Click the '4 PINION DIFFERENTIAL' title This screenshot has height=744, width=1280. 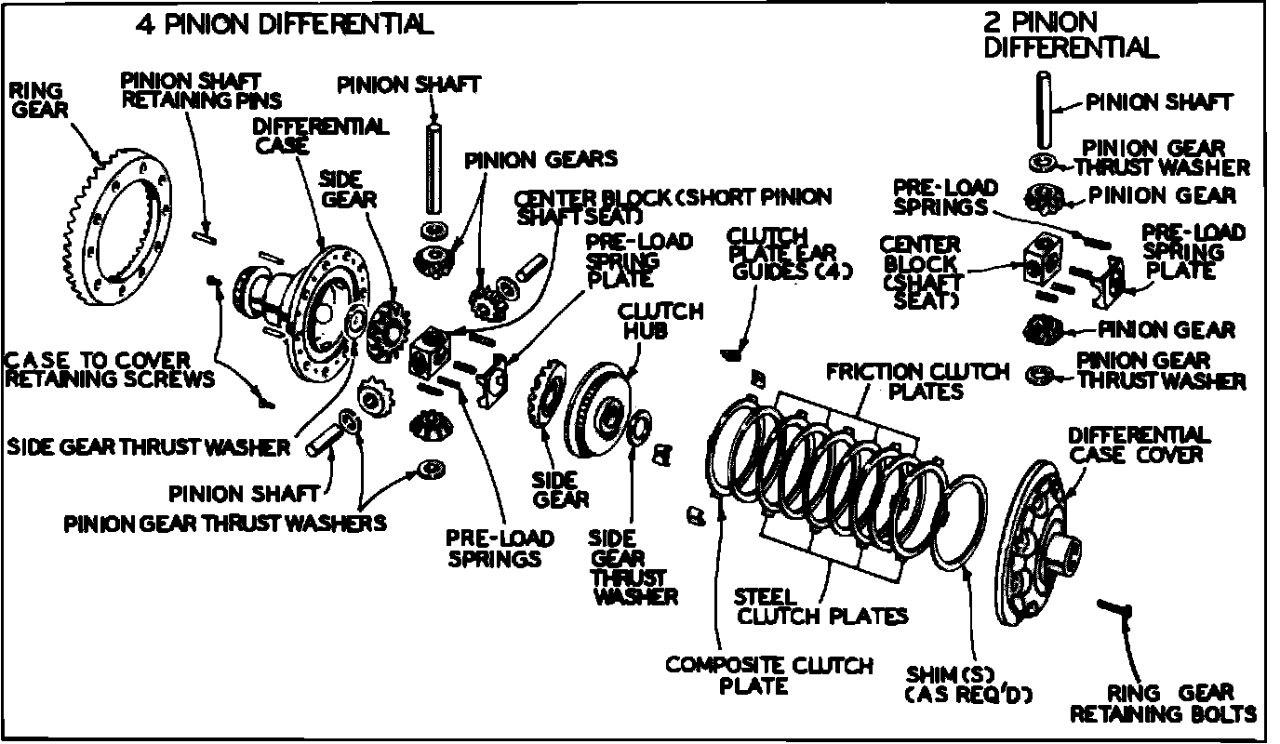(284, 25)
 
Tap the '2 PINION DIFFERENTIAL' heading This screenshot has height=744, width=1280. (1070, 34)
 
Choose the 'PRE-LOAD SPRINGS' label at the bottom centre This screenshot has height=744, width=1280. (500, 548)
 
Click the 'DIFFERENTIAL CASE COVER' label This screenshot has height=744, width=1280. (1139, 444)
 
